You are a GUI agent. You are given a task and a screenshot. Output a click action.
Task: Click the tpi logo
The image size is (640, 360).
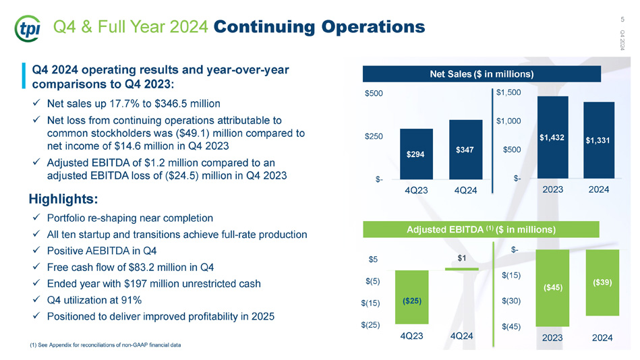[x=28, y=28]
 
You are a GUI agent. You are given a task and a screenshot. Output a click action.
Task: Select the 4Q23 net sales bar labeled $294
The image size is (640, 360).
[x=416, y=154]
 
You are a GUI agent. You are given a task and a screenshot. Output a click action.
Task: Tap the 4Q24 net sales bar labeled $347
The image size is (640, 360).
[x=465, y=150]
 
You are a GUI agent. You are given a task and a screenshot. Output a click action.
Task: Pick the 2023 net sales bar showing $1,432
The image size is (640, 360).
[x=552, y=137]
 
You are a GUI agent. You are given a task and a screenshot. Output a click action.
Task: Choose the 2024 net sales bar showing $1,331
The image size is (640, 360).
[x=599, y=140]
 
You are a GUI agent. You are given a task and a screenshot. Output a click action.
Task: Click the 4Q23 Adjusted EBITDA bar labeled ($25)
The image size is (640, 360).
[x=412, y=297]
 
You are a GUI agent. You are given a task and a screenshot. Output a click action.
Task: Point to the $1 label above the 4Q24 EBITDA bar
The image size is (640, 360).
[x=462, y=258]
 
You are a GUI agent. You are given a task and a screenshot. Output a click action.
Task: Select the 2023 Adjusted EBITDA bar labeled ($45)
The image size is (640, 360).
[x=552, y=288]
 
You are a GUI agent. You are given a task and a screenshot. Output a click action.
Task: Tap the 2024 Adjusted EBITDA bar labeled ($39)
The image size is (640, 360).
[x=602, y=282]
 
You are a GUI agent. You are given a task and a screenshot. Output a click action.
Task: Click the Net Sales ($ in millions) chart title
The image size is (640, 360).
[x=482, y=74]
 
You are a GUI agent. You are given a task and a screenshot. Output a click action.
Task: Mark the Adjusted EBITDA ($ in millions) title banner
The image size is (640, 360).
[x=482, y=229]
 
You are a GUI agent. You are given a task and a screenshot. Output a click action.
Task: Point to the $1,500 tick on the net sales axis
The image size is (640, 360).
[x=508, y=92]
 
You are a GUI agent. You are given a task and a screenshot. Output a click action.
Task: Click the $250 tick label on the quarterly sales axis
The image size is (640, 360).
[x=374, y=136]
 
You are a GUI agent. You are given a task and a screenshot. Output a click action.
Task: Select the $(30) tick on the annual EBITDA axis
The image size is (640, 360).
[x=511, y=301]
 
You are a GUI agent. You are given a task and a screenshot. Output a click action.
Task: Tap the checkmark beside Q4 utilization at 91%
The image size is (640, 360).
[x=36, y=299]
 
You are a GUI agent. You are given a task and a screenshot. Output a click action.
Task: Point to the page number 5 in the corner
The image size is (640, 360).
[x=622, y=19]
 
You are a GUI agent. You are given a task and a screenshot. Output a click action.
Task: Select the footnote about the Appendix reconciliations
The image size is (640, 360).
[x=105, y=345]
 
